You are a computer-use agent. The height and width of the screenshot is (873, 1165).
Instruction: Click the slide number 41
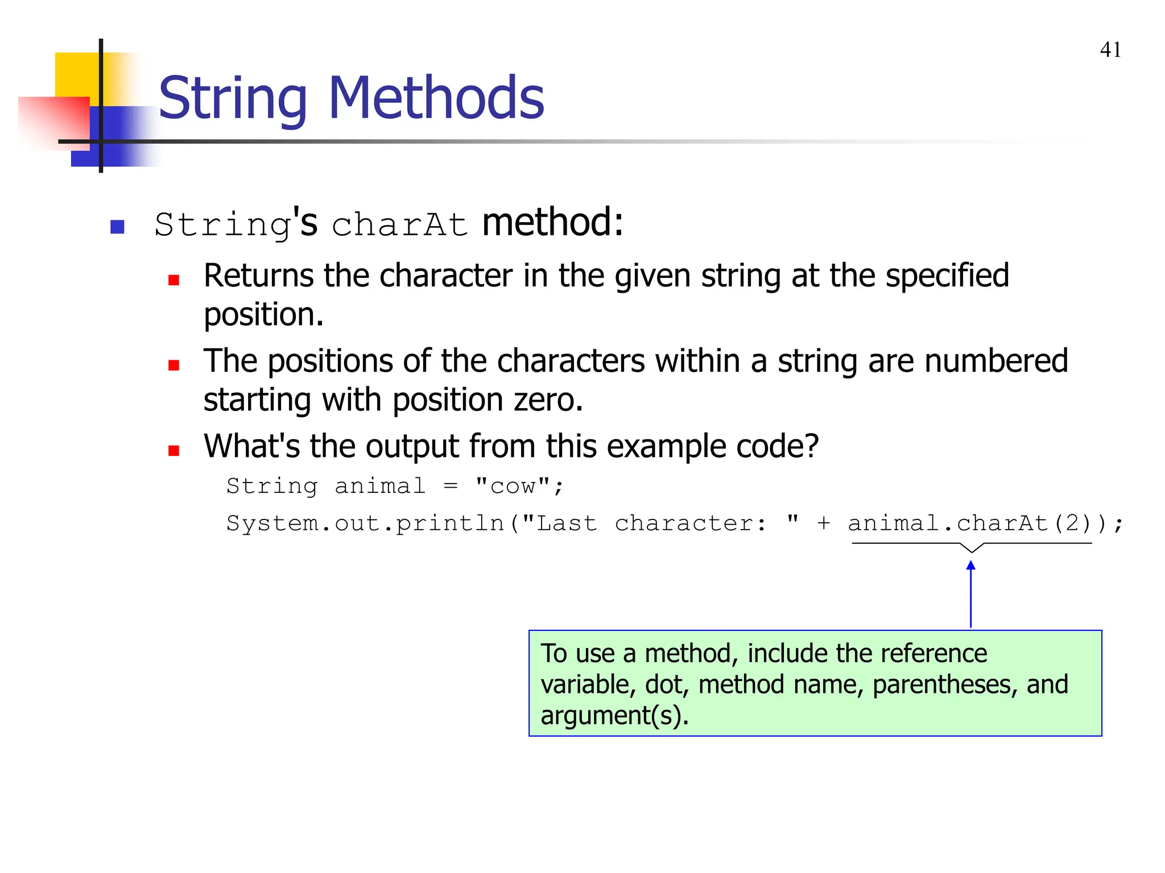(x=1110, y=50)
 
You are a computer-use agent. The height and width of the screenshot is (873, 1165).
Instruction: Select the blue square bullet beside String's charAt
(x=117, y=227)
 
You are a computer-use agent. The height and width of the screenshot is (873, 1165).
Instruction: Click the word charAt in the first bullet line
(x=400, y=225)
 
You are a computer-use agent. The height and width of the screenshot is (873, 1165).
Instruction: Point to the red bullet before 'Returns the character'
(x=174, y=280)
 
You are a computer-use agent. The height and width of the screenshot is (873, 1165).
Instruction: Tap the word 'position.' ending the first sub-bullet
(x=263, y=315)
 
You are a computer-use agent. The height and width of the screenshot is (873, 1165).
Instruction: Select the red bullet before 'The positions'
(x=174, y=365)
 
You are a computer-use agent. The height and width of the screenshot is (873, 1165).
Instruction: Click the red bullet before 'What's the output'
(x=174, y=451)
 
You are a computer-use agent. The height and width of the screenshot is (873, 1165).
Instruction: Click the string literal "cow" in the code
(x=513, y=486)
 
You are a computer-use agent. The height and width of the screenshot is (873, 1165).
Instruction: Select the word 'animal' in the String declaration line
(x=380, y=486)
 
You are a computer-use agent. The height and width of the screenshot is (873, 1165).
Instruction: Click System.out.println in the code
(x=365, y=523)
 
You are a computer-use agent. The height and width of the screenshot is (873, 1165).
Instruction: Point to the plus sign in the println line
(x=823, y=523)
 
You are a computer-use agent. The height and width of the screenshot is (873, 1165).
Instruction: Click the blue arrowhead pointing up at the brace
(x=971, y=565)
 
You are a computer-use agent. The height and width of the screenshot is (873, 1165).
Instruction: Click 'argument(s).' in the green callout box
(x=614, y=715)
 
